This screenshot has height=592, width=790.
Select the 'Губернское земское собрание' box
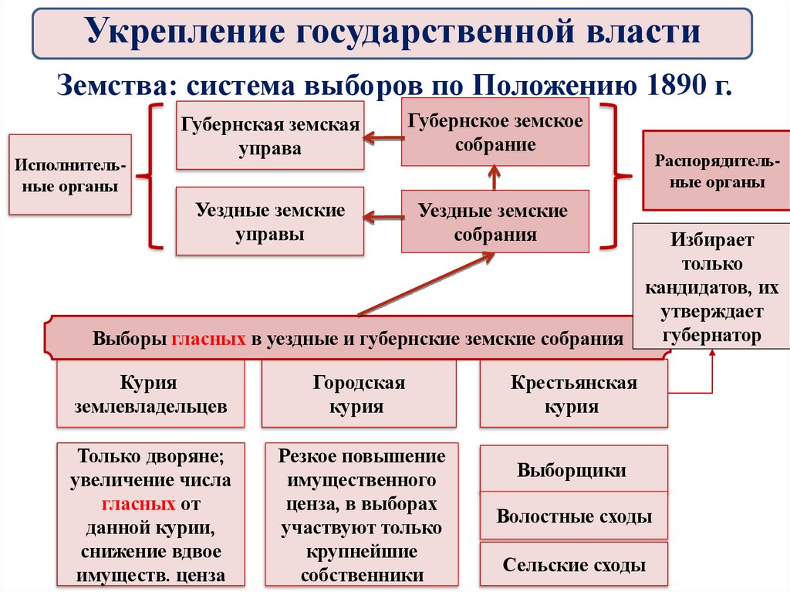click(495, 132)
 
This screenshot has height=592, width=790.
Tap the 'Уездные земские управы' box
click(270, 222)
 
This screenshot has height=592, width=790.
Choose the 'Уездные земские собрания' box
click(495, 222)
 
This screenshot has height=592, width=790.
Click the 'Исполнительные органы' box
click(69, 175)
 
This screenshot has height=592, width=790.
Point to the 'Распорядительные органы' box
click(711, 171)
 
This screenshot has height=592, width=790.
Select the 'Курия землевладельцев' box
click(150, 394)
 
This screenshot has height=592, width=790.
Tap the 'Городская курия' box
click(359, 394)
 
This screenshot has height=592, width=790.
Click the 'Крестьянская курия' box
click(573, 394)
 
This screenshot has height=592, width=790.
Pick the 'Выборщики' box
click(573, 470)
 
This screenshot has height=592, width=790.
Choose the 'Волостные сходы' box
click(573, 516)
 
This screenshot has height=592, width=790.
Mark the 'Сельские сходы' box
click(573, 565)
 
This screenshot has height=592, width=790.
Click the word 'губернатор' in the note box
click(711, 336)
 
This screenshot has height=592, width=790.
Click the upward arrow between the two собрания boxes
click(495, 178)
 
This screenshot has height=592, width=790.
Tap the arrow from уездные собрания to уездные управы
click(383, 218)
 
